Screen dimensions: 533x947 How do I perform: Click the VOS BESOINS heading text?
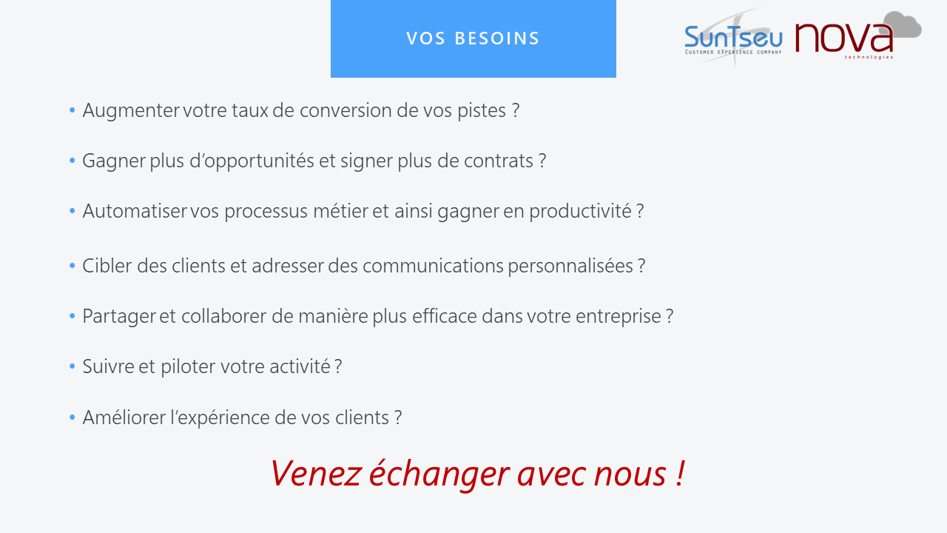tap(473, 38)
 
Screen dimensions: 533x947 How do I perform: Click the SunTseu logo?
tap(733, 37)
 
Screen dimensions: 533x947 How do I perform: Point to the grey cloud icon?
tap(902, 25)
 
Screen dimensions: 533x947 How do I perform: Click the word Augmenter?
tap(131, 110)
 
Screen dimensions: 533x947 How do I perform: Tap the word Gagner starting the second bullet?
tap(114, 161)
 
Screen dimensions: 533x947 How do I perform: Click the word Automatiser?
tap(135, 211)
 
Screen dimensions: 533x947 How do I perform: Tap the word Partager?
tap(119, 316)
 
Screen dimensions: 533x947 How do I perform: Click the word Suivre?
tap(108, 366)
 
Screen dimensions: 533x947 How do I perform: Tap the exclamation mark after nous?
tap(679, 473)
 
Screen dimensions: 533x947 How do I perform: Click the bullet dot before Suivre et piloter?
tap(72, 366)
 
